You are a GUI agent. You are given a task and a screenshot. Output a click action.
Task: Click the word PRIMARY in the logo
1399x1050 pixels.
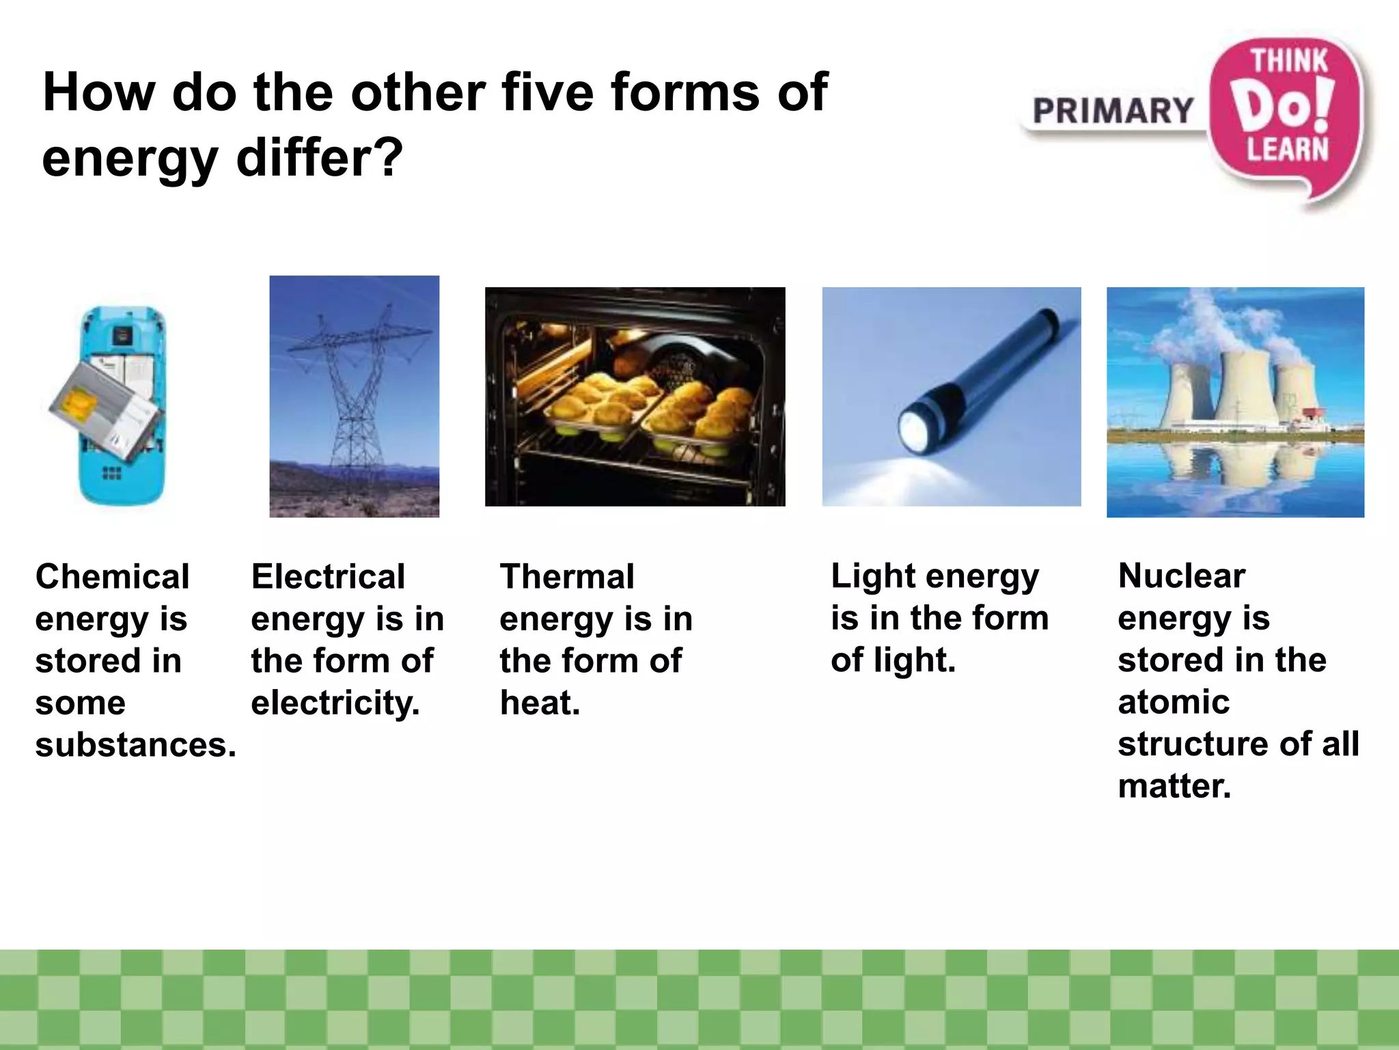1113,111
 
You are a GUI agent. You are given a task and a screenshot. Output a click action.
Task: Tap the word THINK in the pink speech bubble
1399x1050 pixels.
1288,62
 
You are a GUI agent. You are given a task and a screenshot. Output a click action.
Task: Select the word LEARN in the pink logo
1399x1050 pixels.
1288,150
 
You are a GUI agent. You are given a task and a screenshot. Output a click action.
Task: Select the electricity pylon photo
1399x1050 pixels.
354,396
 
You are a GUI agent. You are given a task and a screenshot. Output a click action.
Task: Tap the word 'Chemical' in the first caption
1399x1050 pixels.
113,576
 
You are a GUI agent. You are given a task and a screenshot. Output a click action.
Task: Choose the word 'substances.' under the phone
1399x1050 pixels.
135,744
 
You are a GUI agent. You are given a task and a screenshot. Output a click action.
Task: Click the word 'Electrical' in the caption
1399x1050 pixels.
328,576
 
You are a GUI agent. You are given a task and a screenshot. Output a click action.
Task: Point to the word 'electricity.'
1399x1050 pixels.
335,703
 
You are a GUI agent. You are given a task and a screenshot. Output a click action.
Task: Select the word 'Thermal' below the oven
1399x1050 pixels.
567,576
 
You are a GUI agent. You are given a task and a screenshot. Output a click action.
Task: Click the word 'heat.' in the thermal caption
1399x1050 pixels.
540,703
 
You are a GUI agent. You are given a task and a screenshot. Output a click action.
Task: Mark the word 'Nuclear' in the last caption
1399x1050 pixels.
1182,576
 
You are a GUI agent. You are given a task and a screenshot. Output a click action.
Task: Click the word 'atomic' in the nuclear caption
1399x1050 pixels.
1174,702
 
